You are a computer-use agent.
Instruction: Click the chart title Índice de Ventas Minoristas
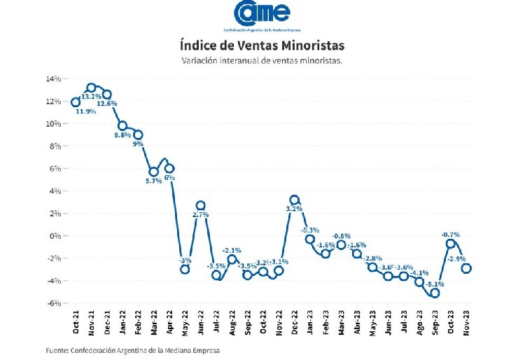262,46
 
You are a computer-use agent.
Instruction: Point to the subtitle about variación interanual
262,61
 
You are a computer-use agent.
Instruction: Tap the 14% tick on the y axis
52,79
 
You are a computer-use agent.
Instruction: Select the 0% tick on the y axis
55,236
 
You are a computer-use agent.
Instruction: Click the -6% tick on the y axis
53,303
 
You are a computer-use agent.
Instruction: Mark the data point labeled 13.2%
91,88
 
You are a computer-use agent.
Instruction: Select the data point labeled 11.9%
76,102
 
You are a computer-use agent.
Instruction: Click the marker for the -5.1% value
435,293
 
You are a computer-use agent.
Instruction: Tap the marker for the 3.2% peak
295,200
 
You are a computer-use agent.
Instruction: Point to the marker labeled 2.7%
200,206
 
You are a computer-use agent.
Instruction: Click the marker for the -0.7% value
451,244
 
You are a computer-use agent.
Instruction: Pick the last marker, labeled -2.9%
466,268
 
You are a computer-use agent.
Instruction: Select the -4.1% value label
420,273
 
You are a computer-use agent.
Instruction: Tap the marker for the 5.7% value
153,172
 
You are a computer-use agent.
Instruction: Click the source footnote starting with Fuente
133,350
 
